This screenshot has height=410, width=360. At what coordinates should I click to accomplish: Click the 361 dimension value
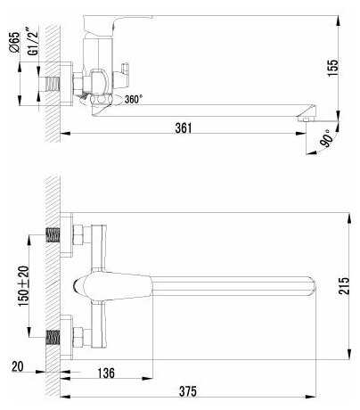tap(184, 127)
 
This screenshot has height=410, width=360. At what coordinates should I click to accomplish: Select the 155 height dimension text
tap(332, 68)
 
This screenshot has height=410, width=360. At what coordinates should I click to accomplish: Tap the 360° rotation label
tap(134, 99)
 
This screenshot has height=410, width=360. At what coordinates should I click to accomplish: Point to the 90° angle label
tap(325, 138)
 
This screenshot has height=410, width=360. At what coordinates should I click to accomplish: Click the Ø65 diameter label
tap(14, 42)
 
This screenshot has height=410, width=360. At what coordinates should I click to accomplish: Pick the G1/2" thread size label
tap(33, 42)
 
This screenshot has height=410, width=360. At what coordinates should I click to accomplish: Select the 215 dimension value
tap(344, 286)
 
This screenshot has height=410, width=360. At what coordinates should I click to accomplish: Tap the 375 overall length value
tap(188, 391)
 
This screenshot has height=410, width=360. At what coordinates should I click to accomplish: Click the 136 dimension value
tap(106, 373)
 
